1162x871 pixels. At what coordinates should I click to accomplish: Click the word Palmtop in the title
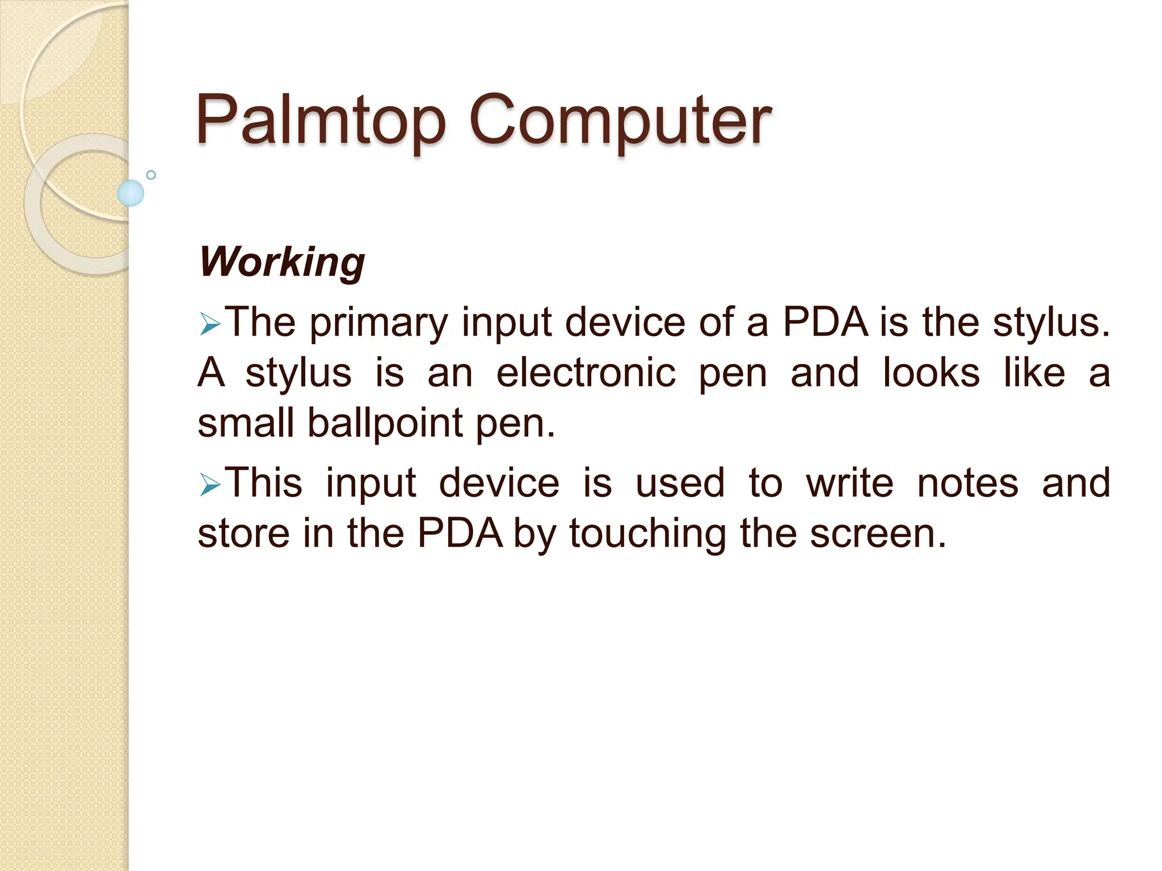(x=321, y=120)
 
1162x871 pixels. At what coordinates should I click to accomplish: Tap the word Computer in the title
(x=620, y=120)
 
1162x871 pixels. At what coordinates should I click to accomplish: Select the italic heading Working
(x=282, y=262)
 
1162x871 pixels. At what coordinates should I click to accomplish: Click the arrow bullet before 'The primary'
(x=209, y=325)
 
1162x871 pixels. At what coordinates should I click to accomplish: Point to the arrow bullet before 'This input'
(x=209, y=485)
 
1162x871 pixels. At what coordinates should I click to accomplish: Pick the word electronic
(x=586, y=373)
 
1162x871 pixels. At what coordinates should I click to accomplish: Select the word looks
(x=931, y=373)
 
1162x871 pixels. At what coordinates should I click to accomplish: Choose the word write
(x=849, y=483)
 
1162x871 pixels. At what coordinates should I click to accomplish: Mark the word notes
(x=967, y=483)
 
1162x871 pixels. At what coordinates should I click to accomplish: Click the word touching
(x=647, y=534)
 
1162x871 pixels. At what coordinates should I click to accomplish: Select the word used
(x=680, y=483)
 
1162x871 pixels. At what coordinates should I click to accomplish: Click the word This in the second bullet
(x=264, y=483)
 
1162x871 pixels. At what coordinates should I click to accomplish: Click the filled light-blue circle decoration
(x=130, y=193)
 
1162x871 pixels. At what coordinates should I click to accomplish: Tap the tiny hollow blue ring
(x=151, y=175)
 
